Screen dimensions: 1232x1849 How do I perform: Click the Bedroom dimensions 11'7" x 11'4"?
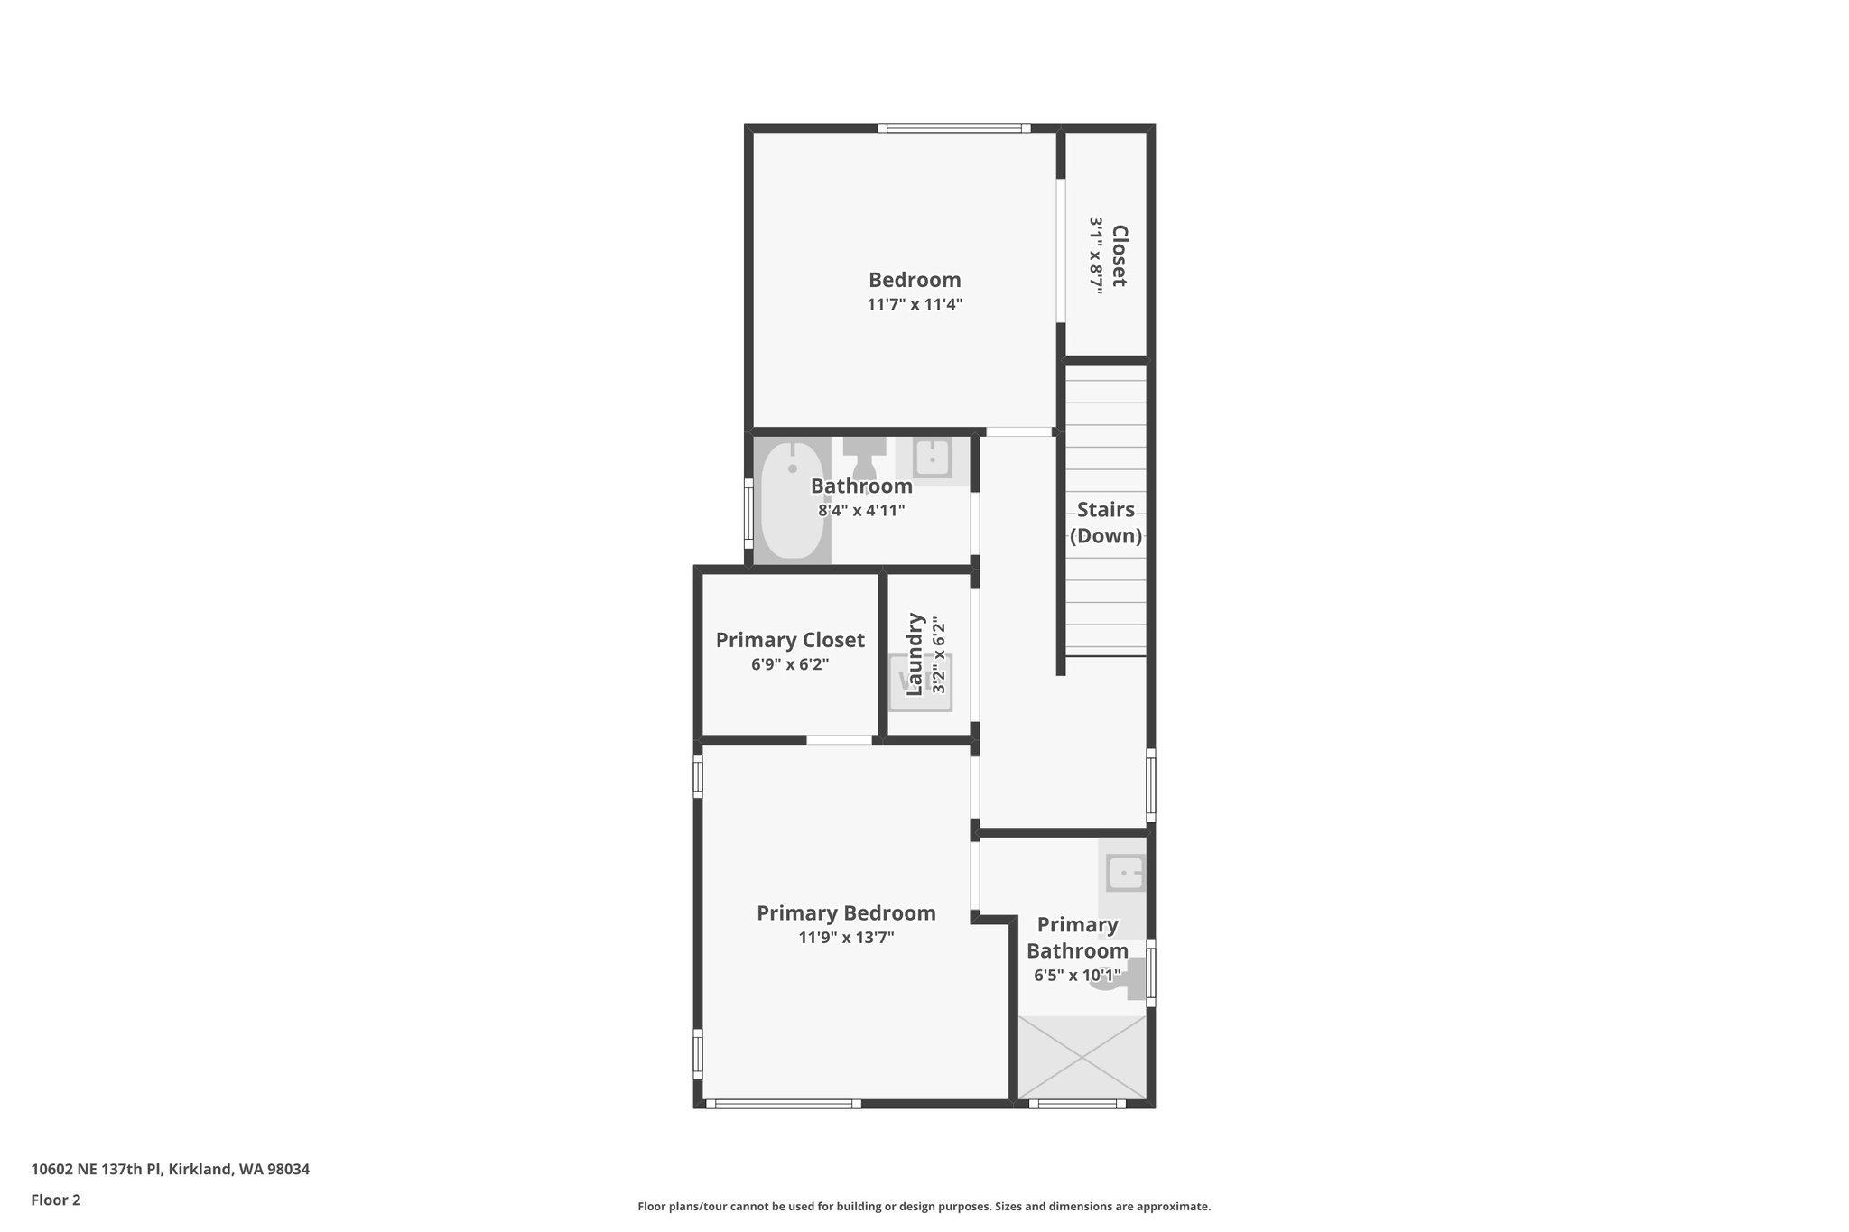point(915,305)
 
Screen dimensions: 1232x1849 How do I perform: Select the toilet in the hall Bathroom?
point(864,458)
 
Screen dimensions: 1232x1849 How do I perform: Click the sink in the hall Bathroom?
point(932,459)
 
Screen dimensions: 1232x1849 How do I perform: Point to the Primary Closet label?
point(790,640)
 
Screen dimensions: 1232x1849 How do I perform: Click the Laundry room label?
point(915,653)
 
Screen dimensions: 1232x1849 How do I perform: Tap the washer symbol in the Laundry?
point(921,681)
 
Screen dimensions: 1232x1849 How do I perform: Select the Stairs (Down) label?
point(1105,523)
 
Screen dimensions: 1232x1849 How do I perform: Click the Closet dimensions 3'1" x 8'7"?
point(1096,255)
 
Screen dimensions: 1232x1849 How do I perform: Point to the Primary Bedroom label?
point(846,913)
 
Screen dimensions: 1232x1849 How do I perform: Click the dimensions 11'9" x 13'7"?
point(846,938)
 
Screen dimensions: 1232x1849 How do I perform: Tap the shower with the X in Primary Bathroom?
point(1082,1057)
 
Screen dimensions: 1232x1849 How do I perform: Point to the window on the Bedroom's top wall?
point(954,128)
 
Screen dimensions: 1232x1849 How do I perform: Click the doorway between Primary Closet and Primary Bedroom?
point(839,740)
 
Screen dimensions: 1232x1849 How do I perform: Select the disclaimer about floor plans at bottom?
point(924,1206)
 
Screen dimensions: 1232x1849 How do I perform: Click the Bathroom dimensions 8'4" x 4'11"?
point(861,511)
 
